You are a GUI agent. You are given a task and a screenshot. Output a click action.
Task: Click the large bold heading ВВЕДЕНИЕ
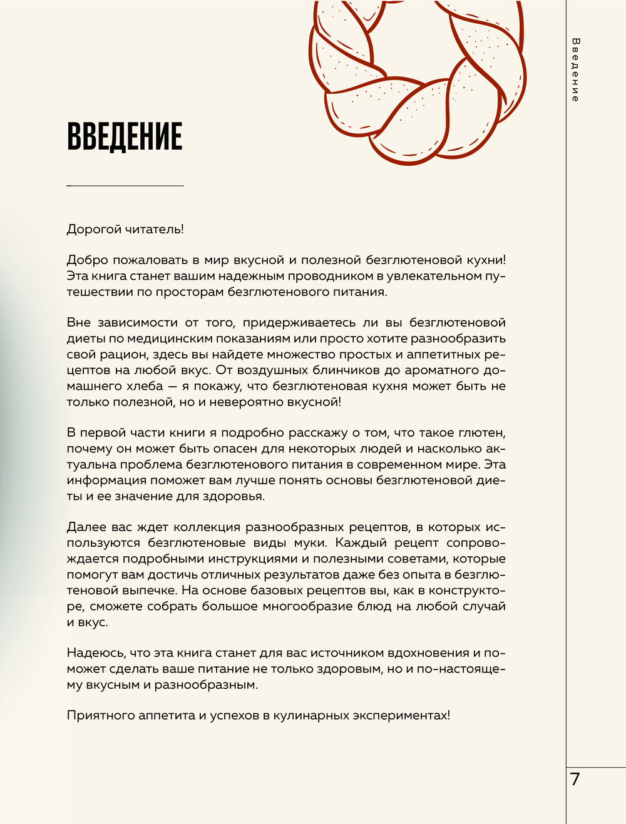(125, 136)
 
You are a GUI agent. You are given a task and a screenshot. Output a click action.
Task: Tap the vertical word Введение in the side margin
(575, 69)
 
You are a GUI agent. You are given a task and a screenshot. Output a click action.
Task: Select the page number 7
(575, 780)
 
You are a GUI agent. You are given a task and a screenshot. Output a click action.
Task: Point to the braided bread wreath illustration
(417, 78)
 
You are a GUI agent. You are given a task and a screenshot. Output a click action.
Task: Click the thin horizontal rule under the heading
(125, 186)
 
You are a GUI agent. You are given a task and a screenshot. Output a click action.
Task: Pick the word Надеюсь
(95, 653)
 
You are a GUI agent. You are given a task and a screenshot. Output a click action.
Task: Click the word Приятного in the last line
(98, 716)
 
